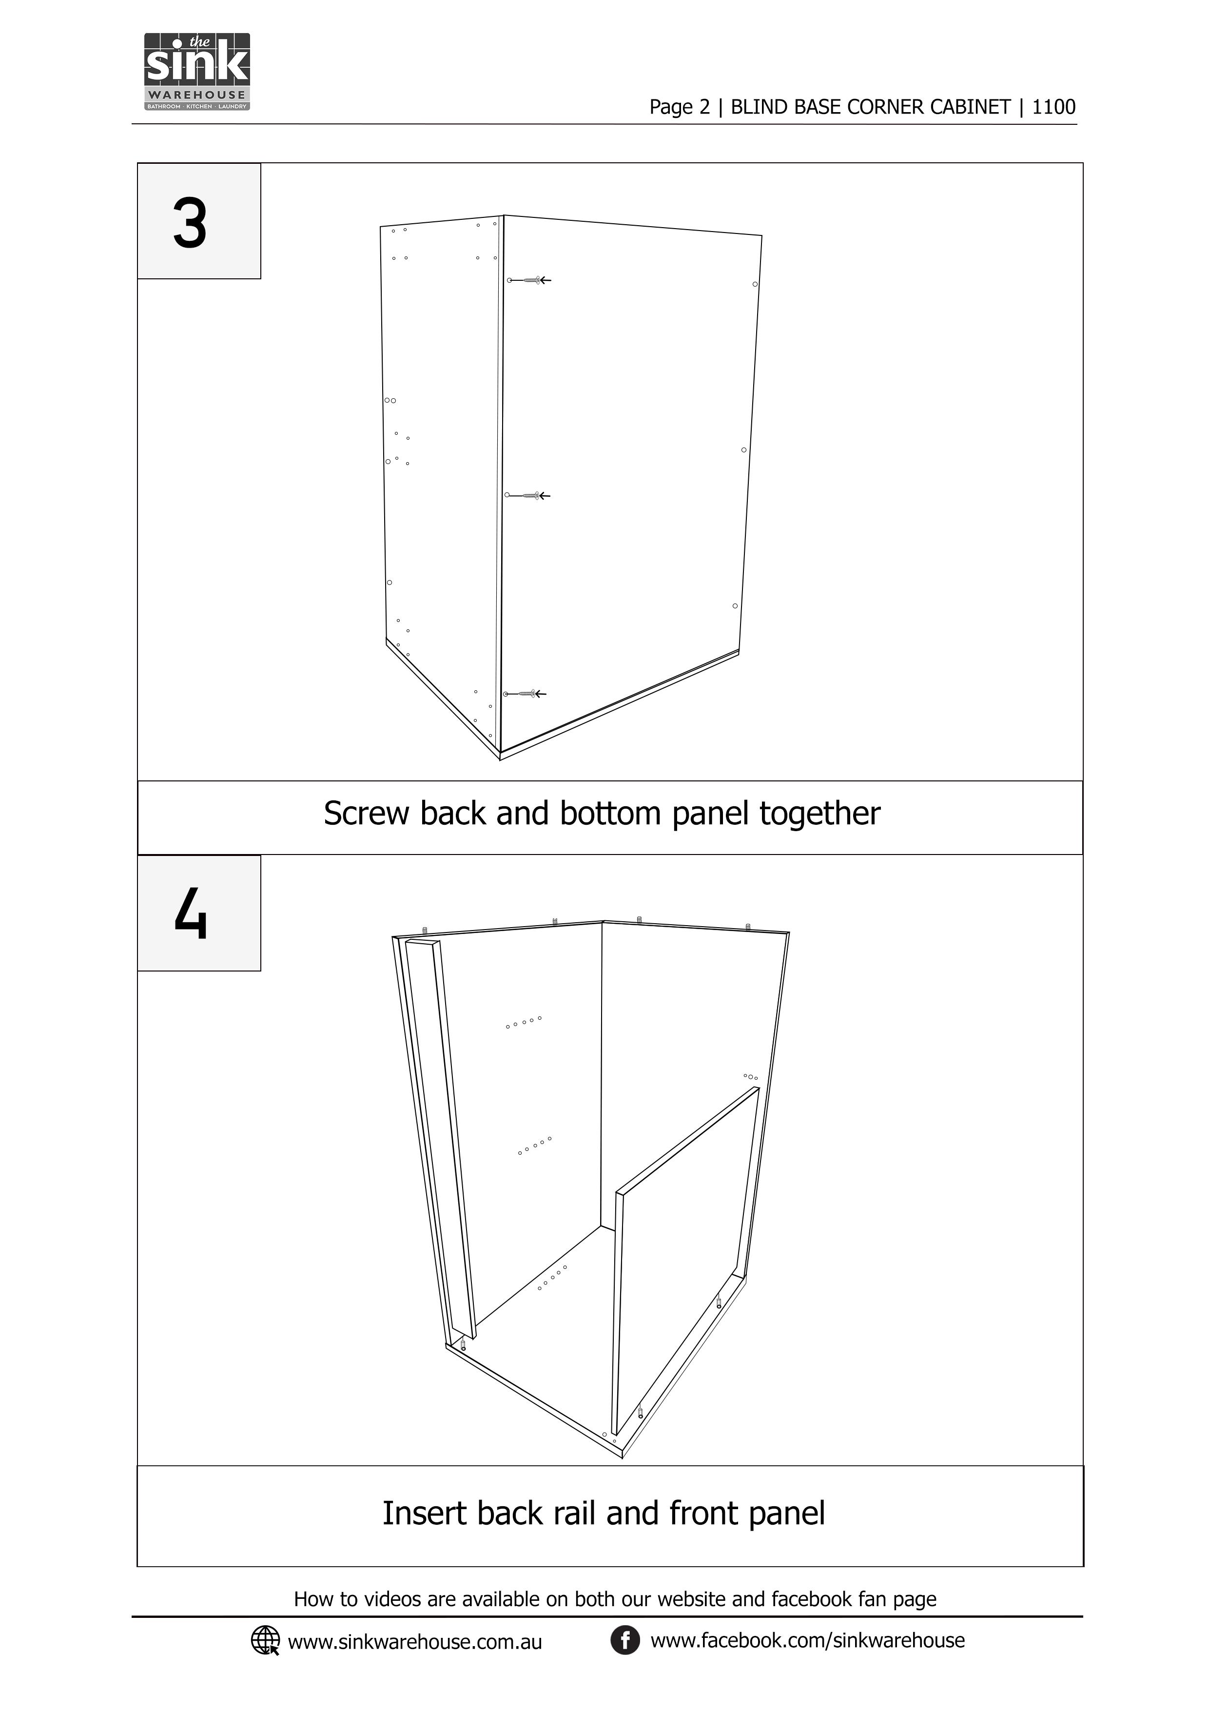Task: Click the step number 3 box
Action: (199, 221)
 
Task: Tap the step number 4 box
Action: (199, 913)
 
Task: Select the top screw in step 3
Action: (529, 280)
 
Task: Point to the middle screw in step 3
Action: (527, 495)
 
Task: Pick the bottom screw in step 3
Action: (525, 694)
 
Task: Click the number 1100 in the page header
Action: (1053, 107)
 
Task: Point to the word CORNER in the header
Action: (886, 107)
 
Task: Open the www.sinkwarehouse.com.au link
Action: (415, 1642)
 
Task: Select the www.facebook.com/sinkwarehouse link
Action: (807, 1641)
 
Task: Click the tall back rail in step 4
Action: (440, 1140)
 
